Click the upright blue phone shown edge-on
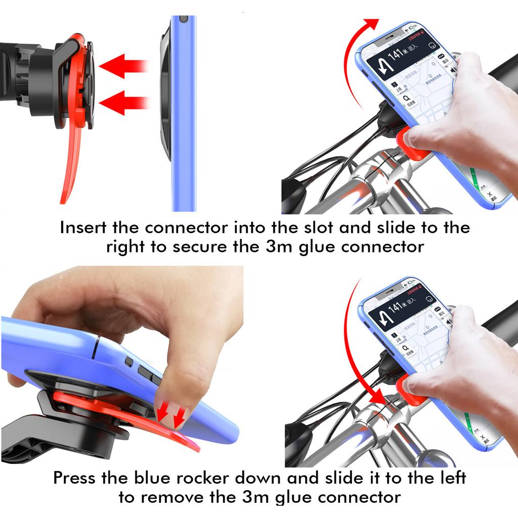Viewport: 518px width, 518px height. pos(183,111)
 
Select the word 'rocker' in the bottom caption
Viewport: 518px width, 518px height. pos(219,477)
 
